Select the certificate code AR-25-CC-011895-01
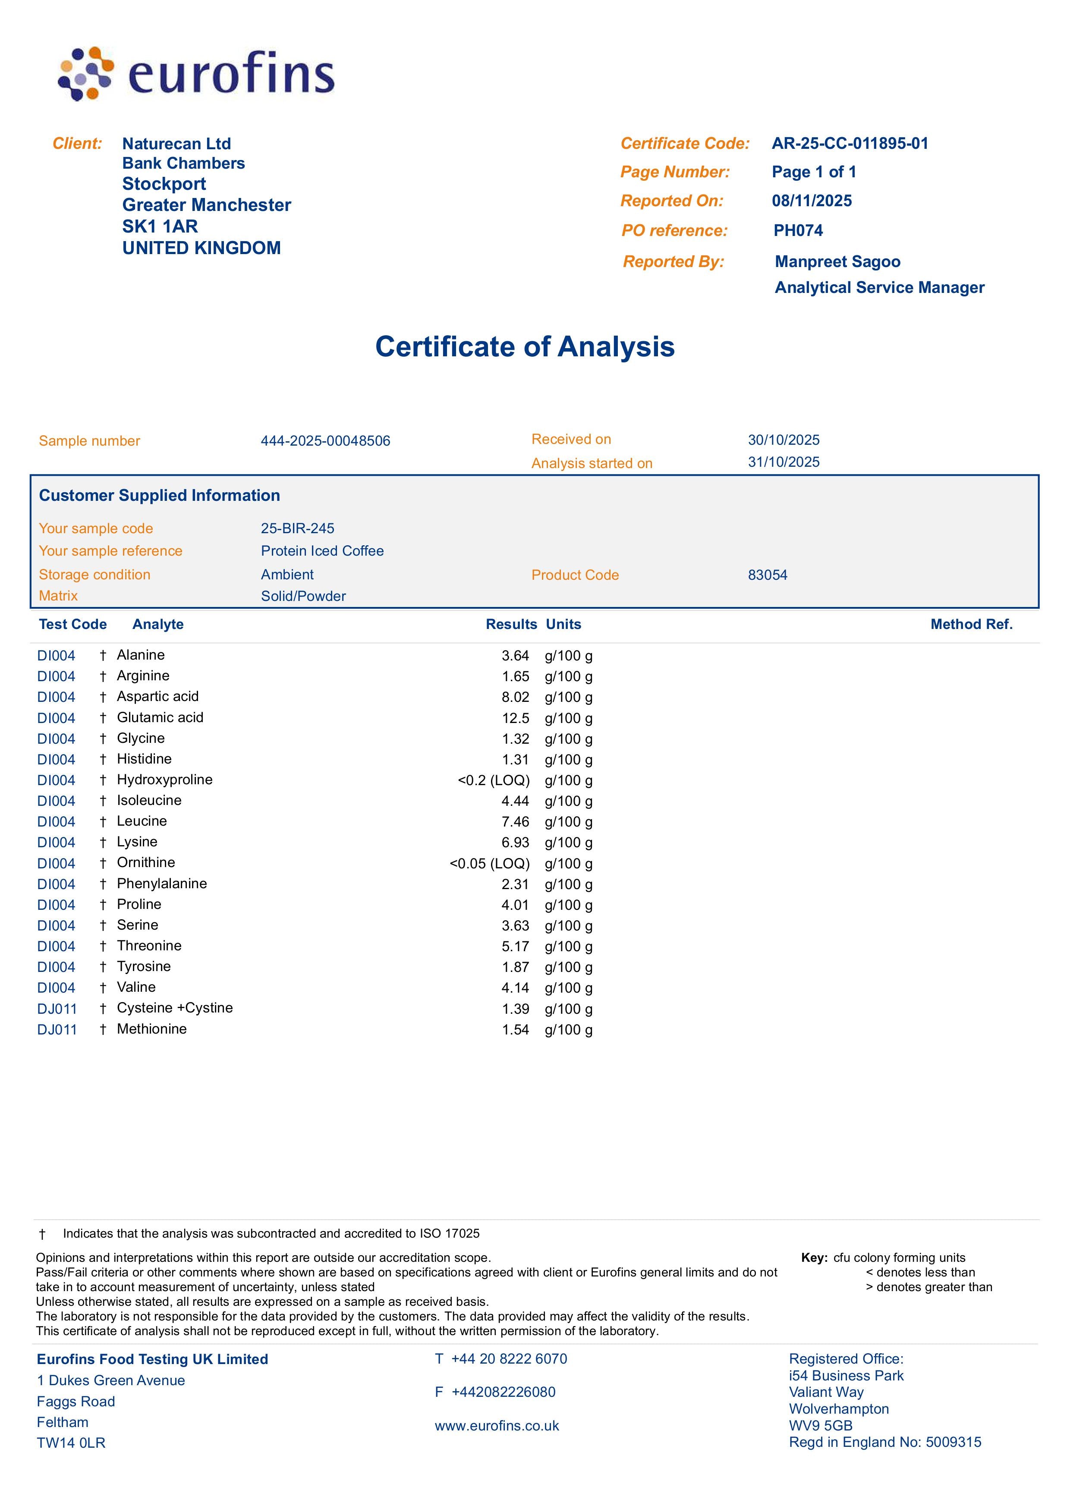(x=850, y=144)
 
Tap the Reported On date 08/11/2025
(x=812, y=201)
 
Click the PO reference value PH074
(x=798, y=231)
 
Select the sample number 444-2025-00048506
(x=325, y=441)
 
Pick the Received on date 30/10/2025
(x=784, y=440)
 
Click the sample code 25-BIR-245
(x=297, y=528)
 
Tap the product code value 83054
(x=768, y=575)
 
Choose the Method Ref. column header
(x=971, y=625)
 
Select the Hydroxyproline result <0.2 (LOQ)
(x=494, y=781)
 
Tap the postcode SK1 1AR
(x=160, y=226)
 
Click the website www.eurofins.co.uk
(x=497, y=1426)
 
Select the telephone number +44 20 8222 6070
(x=509, y=1359)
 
